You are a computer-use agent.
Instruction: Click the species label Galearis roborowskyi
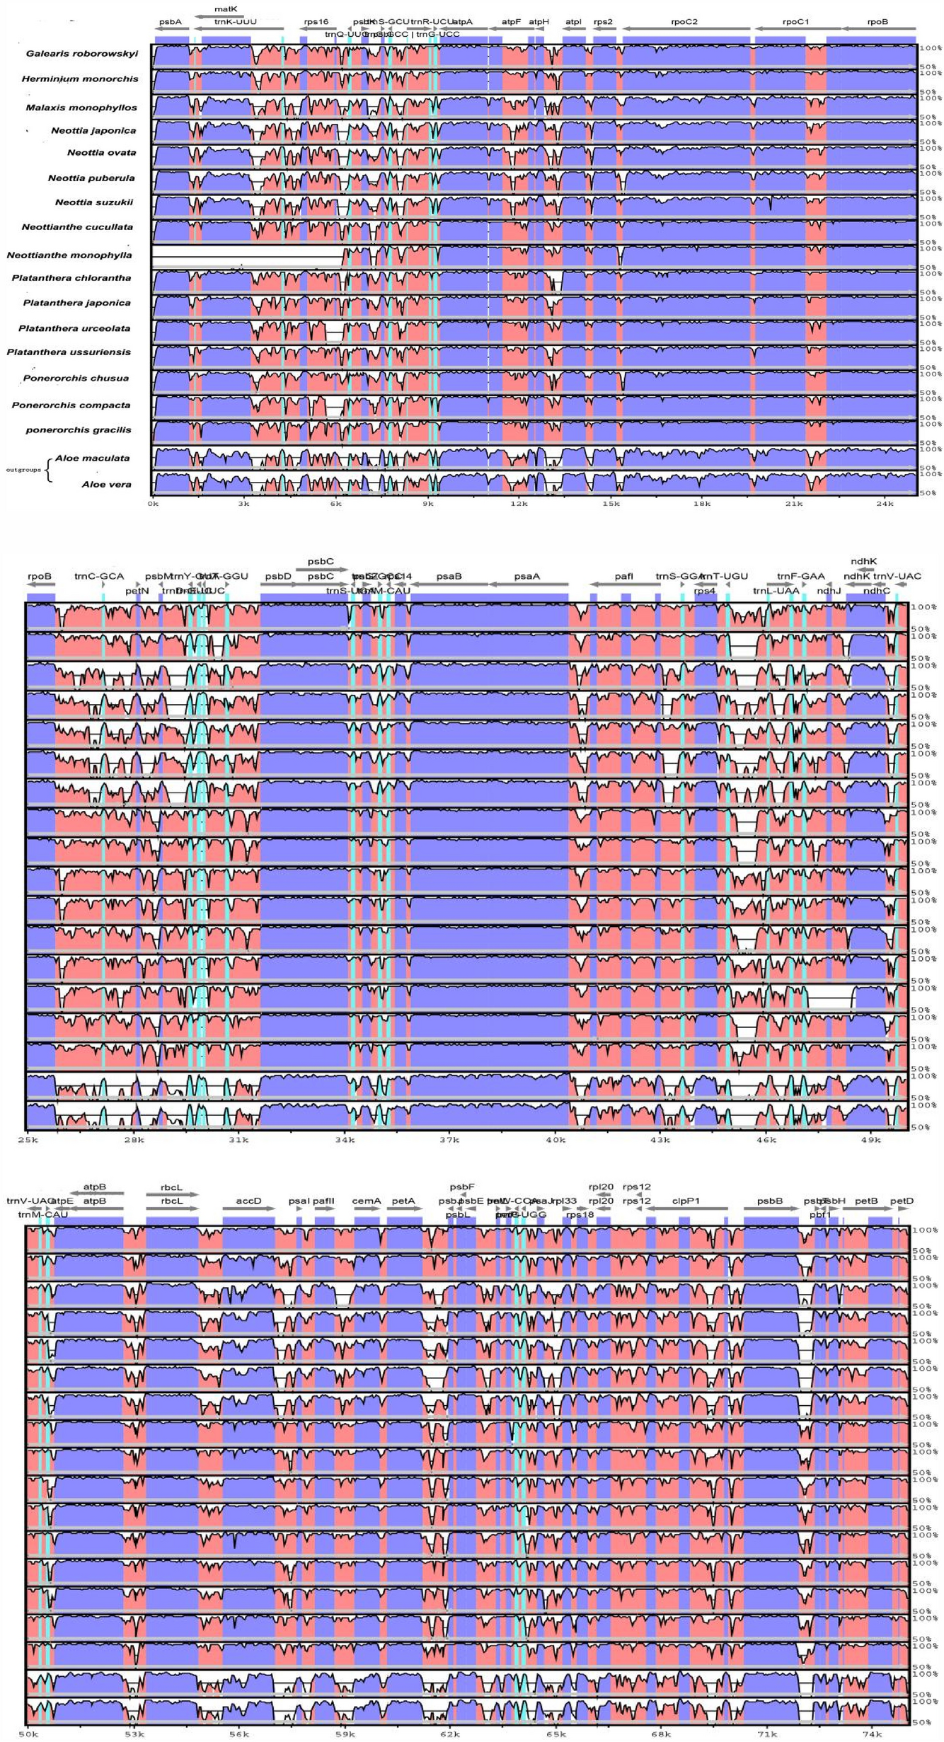82,54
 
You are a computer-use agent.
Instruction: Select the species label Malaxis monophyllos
81,108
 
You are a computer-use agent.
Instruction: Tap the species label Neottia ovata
101,153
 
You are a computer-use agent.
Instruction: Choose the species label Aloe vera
106,485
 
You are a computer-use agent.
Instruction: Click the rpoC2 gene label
684,22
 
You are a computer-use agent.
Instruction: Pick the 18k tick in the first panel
702,504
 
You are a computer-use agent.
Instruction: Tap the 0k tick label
153,504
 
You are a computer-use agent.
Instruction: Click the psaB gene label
449,577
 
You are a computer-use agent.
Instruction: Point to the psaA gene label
526,577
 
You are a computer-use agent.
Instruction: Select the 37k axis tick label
449,1140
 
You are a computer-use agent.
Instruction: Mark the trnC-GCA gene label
99,577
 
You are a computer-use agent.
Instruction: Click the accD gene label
248,1201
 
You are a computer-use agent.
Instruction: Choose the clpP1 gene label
686,1201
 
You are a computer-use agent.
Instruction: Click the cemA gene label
367,1201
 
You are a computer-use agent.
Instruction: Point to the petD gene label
902,1201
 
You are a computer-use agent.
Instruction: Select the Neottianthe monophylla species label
69,255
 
